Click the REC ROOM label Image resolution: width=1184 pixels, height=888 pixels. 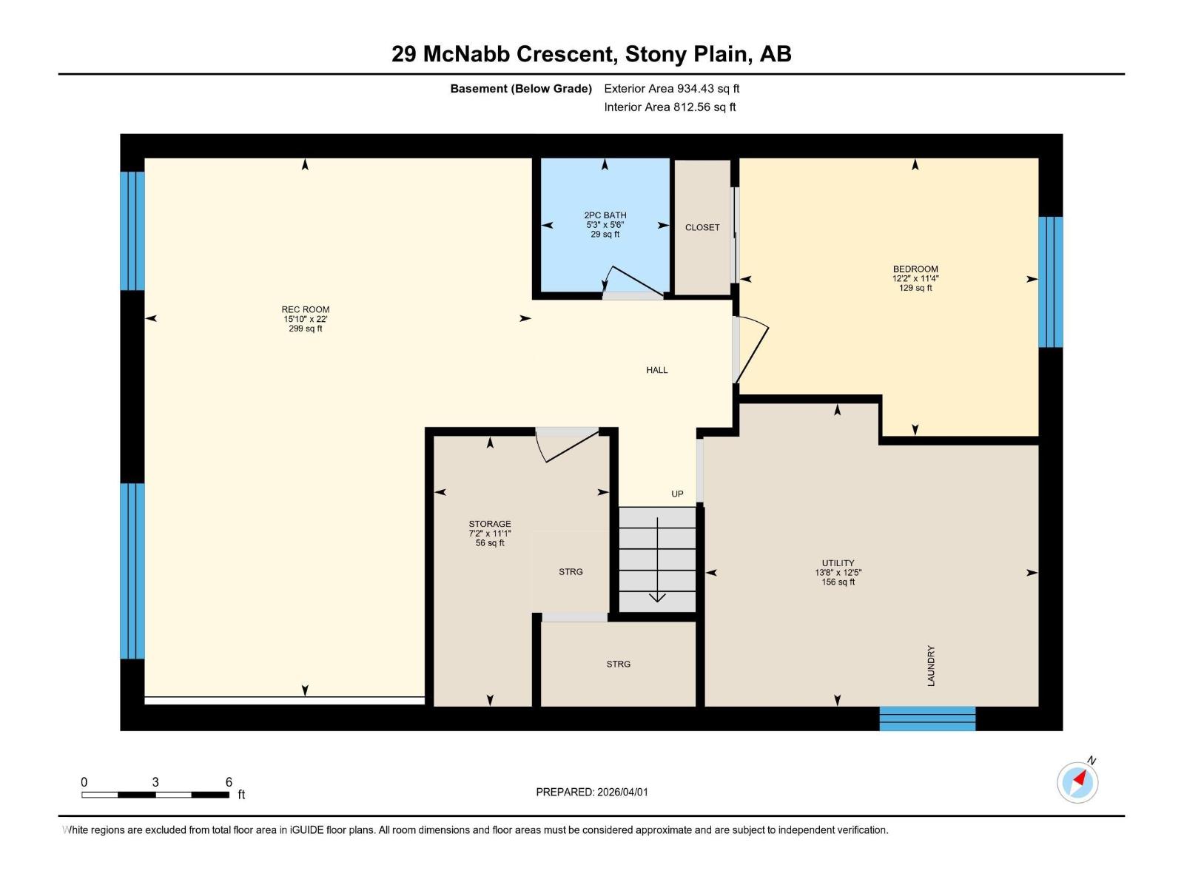[x=306, y=319]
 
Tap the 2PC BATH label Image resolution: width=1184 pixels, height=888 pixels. [x=605, y=225]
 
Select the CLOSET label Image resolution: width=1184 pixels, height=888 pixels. [x=702, y=227]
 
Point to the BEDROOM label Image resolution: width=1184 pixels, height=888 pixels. [x=915, y=278]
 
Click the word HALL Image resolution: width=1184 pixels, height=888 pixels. [x=657, y=370]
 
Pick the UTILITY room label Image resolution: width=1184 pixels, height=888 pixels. [x=838, y=572]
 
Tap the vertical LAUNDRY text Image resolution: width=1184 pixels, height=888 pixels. [x=931, y=666]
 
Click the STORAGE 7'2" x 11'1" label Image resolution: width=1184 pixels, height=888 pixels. [x=490, y=534]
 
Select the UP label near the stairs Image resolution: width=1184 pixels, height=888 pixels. [x=677, y=494]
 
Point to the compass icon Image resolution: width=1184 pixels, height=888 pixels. [x=1077, y=782]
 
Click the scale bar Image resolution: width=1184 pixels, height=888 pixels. [x=155, y=795]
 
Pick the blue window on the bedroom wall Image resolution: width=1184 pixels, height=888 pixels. [x=1051, y=282]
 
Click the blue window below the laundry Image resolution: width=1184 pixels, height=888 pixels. [x=927, y=719]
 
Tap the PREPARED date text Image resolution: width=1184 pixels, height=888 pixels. [x=592, y=792]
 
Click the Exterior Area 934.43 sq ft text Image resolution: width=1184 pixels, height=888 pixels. [x=672, y=88]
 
